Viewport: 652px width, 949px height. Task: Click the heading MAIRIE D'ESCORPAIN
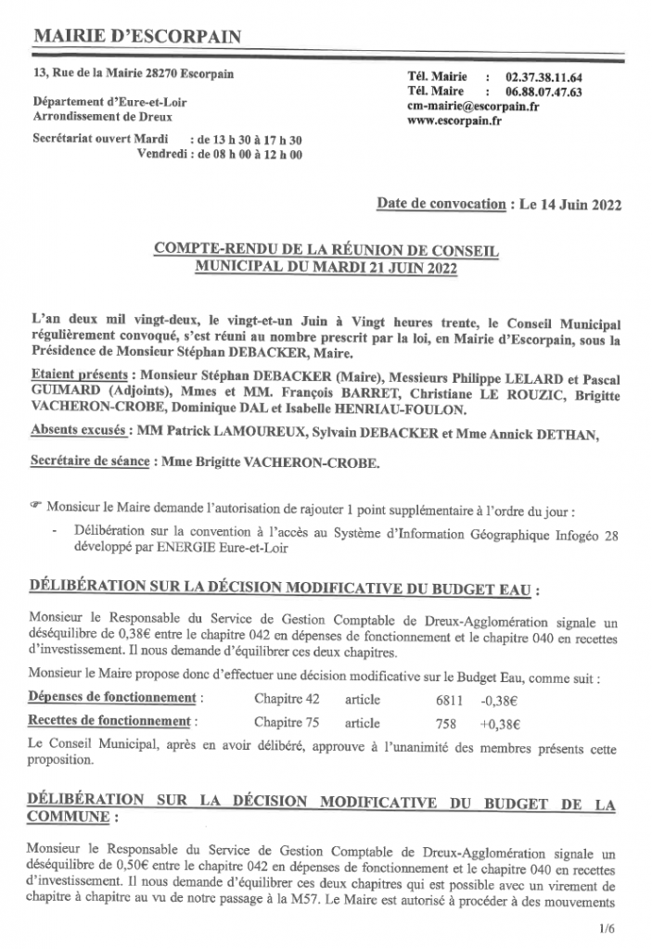click(136, 37)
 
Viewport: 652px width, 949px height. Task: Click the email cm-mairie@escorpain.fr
click(473, 107)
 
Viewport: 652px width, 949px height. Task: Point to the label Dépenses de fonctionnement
click(112, 697)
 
